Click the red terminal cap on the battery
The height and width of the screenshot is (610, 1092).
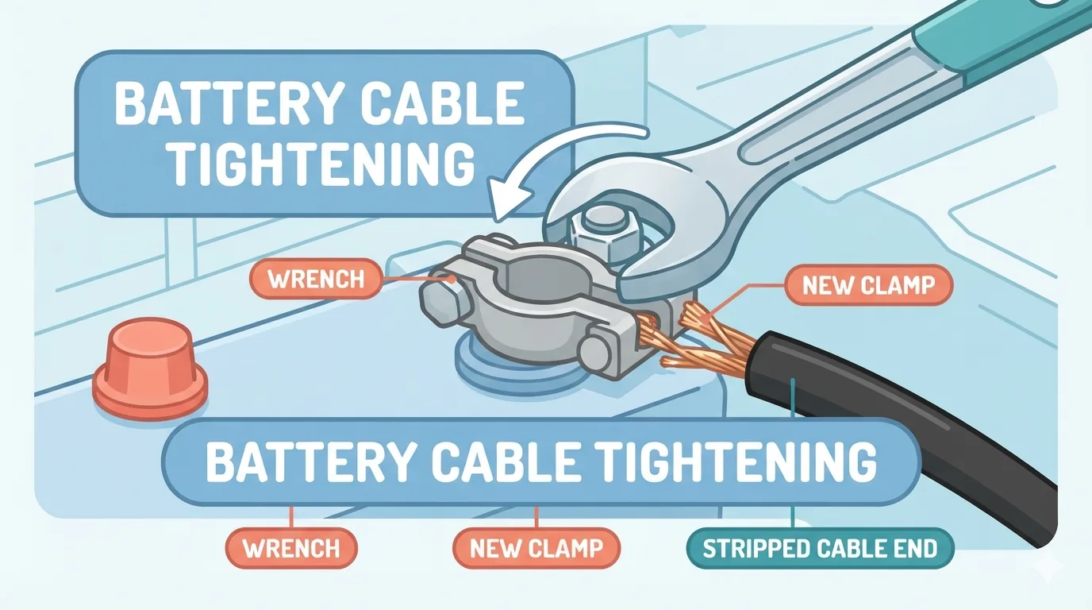(x=150, y=369)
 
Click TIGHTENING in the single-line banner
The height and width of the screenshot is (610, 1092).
(x=736, y=461)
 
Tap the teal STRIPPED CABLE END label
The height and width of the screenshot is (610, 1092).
(x=820, y=549)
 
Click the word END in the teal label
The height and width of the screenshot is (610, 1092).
(x=918, y=549)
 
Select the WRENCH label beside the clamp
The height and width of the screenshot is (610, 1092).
(x=315, y=279)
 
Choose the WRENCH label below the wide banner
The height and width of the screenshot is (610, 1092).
(x=291, y=549)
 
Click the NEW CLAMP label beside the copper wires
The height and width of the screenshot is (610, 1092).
(x=869, y=285)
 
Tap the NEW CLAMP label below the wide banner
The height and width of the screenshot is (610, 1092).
(x=536, y=549)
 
